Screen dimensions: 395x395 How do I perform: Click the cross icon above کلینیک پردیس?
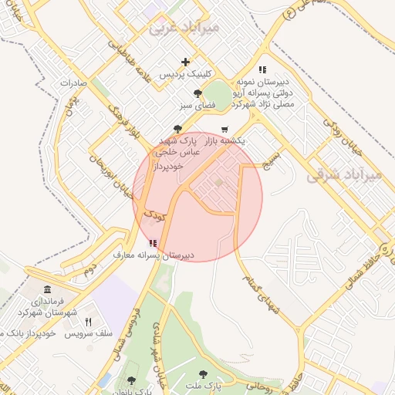click(185, 62)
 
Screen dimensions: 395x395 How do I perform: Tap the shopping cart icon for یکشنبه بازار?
click(225, 130)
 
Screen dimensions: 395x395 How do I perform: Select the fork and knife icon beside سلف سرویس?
click(88, 322)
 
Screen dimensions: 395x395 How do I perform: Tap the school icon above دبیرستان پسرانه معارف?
click(153, 242)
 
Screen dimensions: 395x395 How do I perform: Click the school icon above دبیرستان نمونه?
click(262, 69)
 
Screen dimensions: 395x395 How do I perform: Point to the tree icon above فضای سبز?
click(198, 93)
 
